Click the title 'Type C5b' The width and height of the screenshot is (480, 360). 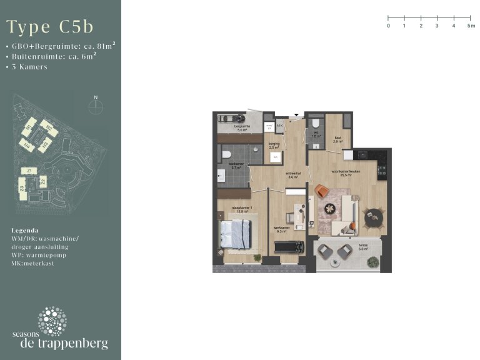[x=50, y=27]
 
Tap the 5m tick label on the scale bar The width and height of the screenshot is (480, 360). [x=471, y=26]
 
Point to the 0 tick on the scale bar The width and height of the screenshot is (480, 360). [x=388, y=26]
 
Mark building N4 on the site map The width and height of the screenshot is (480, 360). [x=26, y=145]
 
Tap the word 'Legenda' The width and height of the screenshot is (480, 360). [x=25, y=230]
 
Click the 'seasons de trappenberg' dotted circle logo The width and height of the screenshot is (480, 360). [x=52, y=321]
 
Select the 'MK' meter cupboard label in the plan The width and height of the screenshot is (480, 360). [x=279, y=126]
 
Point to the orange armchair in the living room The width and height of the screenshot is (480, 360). [x=322, y=192]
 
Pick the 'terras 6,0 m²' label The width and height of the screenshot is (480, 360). [x=363, y=247]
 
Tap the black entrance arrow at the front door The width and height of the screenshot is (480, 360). [x=297, y=115]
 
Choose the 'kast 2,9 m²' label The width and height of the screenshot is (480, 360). [x=337, y=140]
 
